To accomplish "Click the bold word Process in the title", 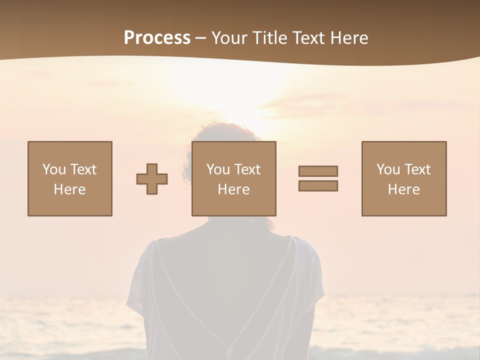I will click(x=157, y=38).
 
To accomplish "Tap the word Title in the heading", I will click(x=270, y=38).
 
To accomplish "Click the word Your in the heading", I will click(x=230, y=38).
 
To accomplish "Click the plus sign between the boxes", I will click(x=152, y=179).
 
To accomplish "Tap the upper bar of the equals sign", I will click(x=318, y=171).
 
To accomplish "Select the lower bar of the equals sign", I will click(x=318, y=185).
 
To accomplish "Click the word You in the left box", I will click(x=54, y=169).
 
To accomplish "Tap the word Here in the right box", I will click(x=404, y=189).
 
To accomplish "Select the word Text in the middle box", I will click(x=247, y=169).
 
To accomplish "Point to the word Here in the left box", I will click(x=70, y=189).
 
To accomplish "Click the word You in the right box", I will click(x=388, y=169).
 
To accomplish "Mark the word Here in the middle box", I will click(x=234, y=189).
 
